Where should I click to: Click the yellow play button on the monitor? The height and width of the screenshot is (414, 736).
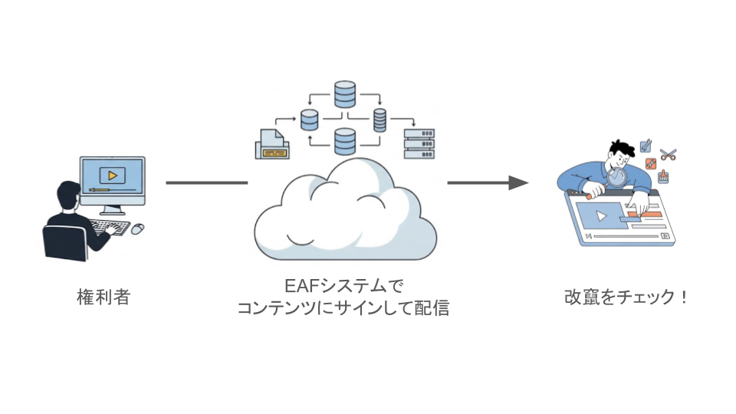click(x=113, y=176)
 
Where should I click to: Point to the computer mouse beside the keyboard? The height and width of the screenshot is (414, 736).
click(x=138, y=228)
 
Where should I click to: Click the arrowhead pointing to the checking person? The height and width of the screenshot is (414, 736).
click(x=519, y=182)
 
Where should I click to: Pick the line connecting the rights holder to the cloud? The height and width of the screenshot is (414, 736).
click(x=206, y=182)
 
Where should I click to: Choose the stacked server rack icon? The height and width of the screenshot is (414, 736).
click(x=419, y=143)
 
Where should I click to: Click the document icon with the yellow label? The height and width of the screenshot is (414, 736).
click(x=271, y=145)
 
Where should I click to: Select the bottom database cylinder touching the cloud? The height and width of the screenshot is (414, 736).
click(x=345, y=141)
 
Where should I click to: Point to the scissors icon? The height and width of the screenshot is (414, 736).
click(x=668, y=153)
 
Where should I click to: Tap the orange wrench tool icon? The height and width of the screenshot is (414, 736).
click(x=651, y=163)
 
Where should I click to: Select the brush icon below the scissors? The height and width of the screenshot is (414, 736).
click(x=664, y=177)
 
